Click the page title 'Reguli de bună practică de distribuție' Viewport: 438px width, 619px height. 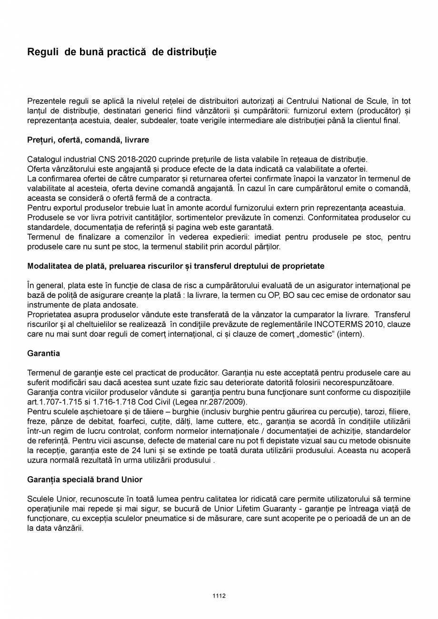click(x=122, y=52)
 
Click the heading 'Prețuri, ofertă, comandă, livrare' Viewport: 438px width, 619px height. click(x=88, y=140)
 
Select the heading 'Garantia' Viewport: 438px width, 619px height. click(x=43, y=354)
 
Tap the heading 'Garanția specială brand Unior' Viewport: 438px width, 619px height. click(x=85, y=480)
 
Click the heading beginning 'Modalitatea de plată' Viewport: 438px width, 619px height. click(x=176, y=266)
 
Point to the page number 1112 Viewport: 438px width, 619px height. click(x=219, y=596)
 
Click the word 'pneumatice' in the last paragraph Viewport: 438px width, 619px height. click(x=177, y=518)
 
